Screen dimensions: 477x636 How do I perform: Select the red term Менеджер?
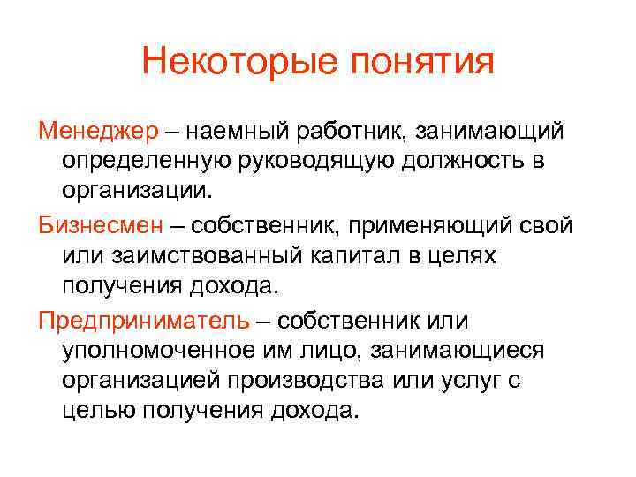pyautogui.click(x=97, y=132)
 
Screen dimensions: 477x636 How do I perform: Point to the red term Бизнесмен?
pyautogui.click(x=101, y=224)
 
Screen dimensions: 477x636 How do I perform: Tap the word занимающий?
pyautogui.click(x=488, y=132)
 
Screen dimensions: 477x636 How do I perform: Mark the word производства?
pyautogui.click(x=337, y=379)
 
